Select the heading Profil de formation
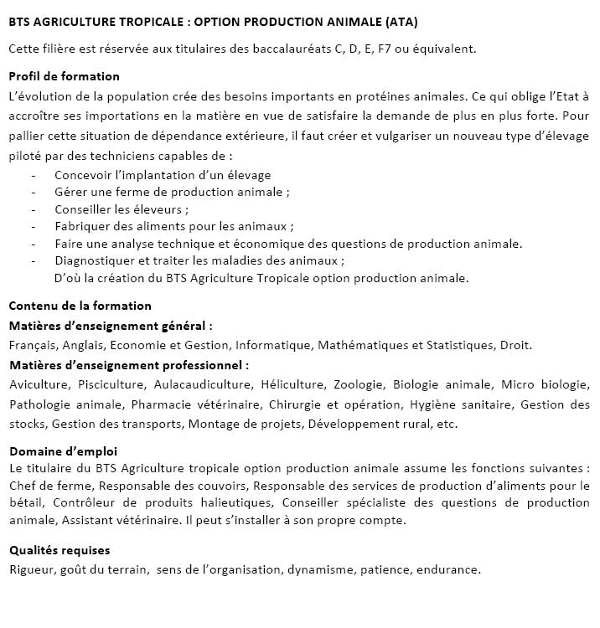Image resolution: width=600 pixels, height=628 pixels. [x=65, y=76]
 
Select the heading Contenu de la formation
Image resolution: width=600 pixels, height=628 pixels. [x=80, y=306]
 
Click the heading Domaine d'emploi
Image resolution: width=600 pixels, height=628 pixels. [x=64, y=450]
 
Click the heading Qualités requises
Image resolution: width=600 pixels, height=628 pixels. [x=59, y=550]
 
